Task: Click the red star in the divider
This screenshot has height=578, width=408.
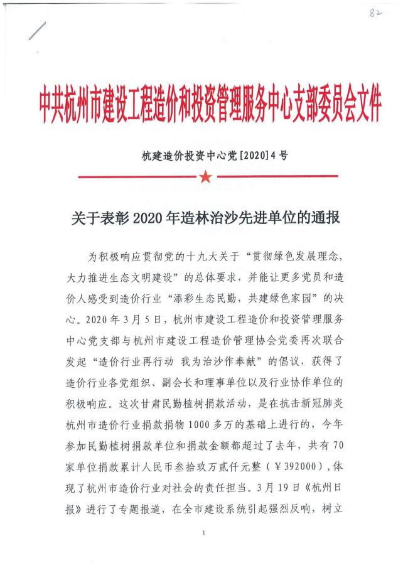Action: [x=205, y=178]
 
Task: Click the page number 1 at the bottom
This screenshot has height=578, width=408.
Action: [x=205, y=533]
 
